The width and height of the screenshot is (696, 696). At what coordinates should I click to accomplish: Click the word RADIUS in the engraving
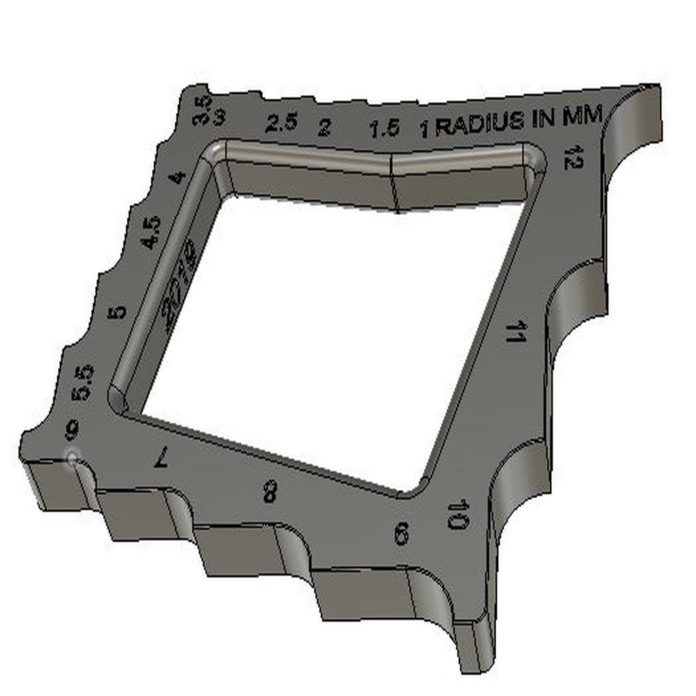point(480,124)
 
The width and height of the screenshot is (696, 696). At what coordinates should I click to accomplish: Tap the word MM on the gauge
point(582,117)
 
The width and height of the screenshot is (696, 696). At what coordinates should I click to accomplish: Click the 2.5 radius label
point(281,123)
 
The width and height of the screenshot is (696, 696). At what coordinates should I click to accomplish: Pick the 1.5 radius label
point(384,128)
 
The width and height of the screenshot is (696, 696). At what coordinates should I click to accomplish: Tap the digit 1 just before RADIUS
point(425,129)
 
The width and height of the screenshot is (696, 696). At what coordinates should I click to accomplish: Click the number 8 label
point(270,491)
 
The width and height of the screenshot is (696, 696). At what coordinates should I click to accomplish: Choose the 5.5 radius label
point(84,381)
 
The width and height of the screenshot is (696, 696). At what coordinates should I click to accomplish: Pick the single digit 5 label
point(118,313)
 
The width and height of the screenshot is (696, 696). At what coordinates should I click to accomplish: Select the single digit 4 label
point(177,178)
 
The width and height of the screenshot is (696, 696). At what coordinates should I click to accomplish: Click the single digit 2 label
point(325,127)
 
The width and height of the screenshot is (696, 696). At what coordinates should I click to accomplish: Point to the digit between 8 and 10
point(401,534)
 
